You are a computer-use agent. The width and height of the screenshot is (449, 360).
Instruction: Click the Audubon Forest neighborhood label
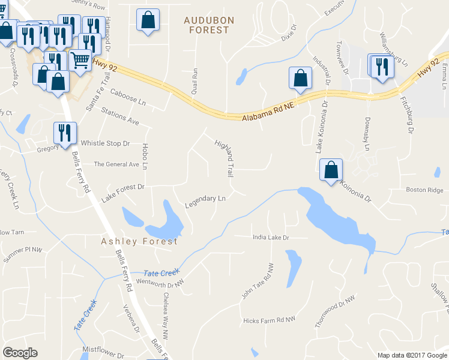click(x=209, y=25)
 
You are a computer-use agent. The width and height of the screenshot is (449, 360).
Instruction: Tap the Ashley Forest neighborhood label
click(x=139, y=241)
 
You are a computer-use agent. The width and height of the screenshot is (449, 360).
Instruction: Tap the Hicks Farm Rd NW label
click(x=270, y=320)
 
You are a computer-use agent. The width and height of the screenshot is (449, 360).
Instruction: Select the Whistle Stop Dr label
click(x=106, y=143)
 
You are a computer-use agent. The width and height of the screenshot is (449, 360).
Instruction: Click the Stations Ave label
click(x=120, y=117)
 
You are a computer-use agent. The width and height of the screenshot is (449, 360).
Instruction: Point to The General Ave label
click(x=116, y=164)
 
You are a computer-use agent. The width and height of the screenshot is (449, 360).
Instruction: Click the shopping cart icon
click(x=80, y=59)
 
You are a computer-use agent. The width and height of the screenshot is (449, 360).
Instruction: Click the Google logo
click(x=20, y=353)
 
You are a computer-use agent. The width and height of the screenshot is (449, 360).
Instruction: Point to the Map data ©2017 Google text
click(x=412, y=355)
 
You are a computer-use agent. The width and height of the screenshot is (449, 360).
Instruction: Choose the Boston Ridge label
click(x=424, y=190)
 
